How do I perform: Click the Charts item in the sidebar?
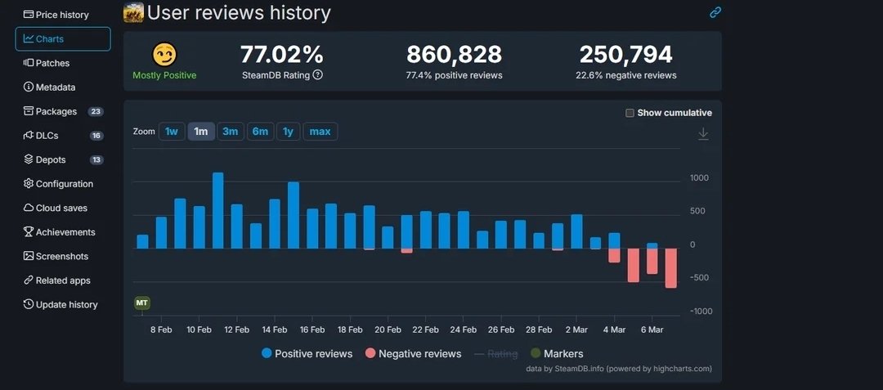pyautogui.click(x=62, y=38)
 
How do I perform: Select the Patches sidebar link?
pyautogui.click(x=52, y=63)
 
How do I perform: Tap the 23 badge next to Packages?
pyautogui.click(x=96, y=111)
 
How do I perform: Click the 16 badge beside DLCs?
pyautogui.click(x=96, y=136)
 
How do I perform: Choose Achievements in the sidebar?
pyautogui.click(x=65, y=232)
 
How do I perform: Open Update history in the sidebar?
pyautogui.click(x=65, y=305)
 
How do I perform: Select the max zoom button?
pyautogui.click(x=320, y=132)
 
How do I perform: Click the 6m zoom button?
pyautogui.click(x=260, y=132)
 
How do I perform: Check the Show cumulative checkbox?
pyautogui.click(x=630, y=113)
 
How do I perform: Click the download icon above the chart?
pyautogui.click(x=703, y=134)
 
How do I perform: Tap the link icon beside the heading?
pyautogui.click(x=715, y=12)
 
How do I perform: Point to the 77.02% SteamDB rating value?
pyautogui.click(x=282, y=55)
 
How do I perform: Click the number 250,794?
pyautogui.click(x=625, y=55)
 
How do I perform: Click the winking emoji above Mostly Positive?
pyautogui.click(x=164, y=55)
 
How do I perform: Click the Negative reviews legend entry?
pyautogui.click(x=413, y=354)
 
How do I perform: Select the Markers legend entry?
pyautogui.click(x=557, y=354)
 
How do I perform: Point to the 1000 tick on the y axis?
pyautogui.click(x=699, y=178)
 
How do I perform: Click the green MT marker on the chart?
pyautogui.click(x=142, y=303)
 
